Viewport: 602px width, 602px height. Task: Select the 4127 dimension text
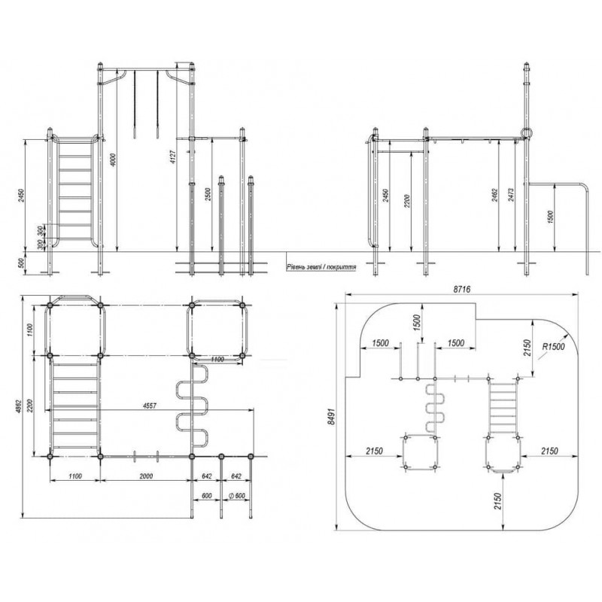pyautogui.click(x=173, y=163)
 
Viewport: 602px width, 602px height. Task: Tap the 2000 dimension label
pyautogui.click(x=146, y=476)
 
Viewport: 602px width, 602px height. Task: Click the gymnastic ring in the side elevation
pyautogui.click(x=524, y=133)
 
